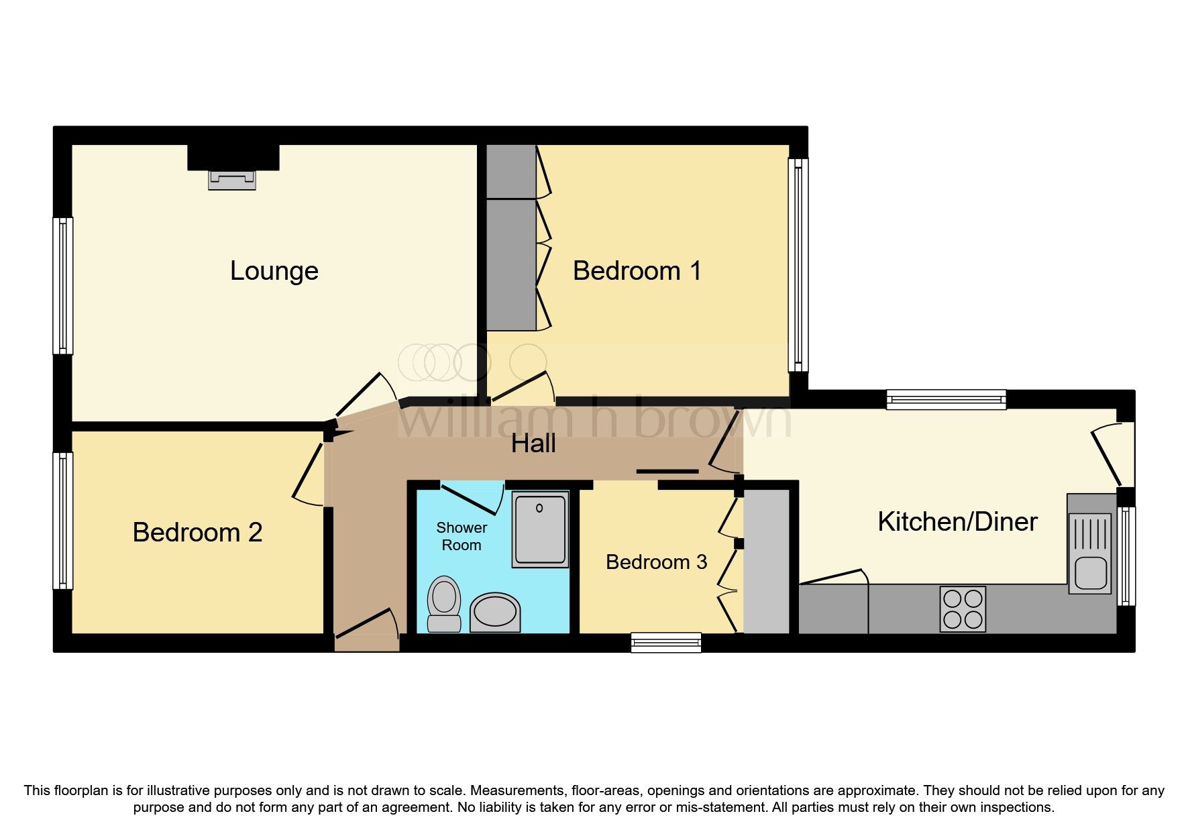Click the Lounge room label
pos(274,271)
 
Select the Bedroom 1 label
pos(637,271)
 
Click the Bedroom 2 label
pos(197,533)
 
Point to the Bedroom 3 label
pos(656,562)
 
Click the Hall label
pos(533,444)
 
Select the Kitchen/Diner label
pos(957,522)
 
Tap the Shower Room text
pos(462,537)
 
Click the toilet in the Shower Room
pos(443,603)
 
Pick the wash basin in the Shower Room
pos(495,612)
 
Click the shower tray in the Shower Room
pos(540,529)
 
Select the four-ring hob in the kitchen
pos(963,609)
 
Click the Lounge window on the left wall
pos(63,286)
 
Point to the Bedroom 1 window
pos(798,266)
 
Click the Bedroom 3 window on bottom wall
pos(666,643)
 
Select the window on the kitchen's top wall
pos(946,400)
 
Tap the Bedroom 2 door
pos(309,470)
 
